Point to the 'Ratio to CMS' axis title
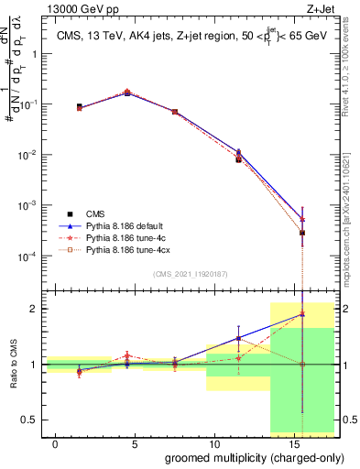[x=14, y=365]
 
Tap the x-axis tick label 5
[x=135, y=442]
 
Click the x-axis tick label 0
[x=56, y=442]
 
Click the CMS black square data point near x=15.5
[x=302, y=233]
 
